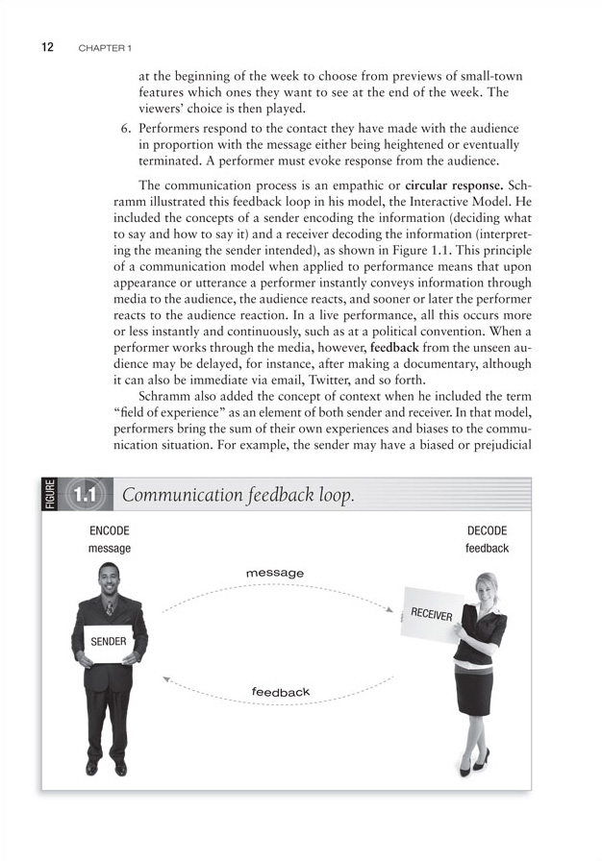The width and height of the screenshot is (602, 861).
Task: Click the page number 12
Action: (47, 46)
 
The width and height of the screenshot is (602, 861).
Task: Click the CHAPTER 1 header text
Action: (106, 47)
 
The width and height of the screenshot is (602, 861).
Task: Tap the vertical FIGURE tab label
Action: (51, 496)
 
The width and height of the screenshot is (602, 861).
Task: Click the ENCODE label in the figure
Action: (109, 530)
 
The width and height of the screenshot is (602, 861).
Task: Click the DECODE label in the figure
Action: (487, 530)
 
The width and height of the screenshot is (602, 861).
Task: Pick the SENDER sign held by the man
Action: (109, 641)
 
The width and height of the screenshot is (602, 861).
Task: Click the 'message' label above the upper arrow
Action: (275, 573)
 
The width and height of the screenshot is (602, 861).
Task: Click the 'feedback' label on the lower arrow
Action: (281, 692)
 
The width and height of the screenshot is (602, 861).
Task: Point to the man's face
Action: (109, 579)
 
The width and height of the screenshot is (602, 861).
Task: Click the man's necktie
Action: (110, 608)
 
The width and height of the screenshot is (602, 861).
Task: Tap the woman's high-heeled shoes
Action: (473, 765)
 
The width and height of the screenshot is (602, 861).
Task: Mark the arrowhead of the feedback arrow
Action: (166, 680)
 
